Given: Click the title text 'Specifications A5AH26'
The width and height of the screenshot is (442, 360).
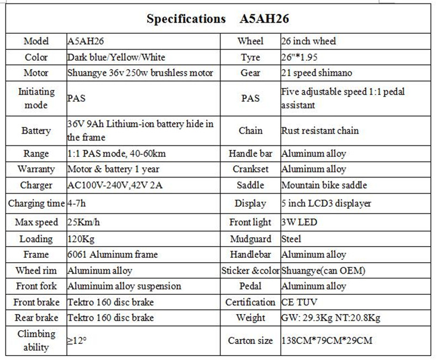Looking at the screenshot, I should (x=218, y=19).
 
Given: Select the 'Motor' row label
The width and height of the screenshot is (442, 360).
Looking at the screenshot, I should (x=36, y=73).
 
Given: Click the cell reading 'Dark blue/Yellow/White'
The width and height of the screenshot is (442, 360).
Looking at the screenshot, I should (x=116, y=57).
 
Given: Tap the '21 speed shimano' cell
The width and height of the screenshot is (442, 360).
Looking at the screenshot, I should (x=316, y=73).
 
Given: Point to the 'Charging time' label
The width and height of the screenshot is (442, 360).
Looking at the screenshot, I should (x=36, y=204).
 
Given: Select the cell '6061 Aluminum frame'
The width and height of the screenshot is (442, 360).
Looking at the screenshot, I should (x=112, y=254).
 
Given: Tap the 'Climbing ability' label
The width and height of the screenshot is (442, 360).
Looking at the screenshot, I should (x=36, y=341).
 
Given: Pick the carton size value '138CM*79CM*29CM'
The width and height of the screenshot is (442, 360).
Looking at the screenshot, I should (x=326, y=341).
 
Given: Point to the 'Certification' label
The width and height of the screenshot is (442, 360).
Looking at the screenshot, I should (x=250, y=302).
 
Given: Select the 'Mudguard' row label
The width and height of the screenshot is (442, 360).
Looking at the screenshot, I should (x=250, y=239).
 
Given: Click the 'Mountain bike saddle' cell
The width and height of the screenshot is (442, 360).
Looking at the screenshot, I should (x=323, y=185).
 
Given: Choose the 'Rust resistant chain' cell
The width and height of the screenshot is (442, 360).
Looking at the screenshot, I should (x=320, y=131).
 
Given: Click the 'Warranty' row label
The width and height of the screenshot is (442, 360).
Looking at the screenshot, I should (x=36, y=169).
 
